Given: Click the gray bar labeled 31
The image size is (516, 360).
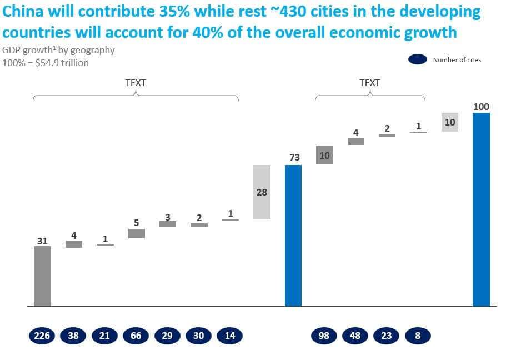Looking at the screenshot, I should coord(42,276).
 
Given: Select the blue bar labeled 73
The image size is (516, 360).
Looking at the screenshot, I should coord(293,235).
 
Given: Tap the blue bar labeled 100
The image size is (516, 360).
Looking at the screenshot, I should coord(481,209).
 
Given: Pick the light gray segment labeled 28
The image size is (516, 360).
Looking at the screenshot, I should coord(262,192).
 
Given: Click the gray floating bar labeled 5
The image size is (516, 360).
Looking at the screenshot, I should coord(137,233).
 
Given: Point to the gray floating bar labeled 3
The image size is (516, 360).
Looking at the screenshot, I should coord(168,223).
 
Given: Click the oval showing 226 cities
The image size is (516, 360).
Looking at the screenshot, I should coord(42,336).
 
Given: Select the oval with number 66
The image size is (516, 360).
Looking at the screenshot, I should coord(136,336).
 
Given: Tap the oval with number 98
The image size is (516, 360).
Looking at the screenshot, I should coord(324,336).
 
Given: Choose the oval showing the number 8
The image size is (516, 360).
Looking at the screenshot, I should coord(418,336).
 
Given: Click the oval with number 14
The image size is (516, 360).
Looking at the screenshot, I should coord(230,336).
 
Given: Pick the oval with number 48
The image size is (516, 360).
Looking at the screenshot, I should coord(355,336).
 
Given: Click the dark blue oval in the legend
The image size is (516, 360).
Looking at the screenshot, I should coord(417,59).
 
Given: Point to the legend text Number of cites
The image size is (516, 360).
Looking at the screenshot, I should coord(457,60).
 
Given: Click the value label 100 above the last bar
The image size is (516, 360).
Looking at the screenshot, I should coord(481,107).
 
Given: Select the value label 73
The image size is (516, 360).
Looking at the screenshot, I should coord(294,158).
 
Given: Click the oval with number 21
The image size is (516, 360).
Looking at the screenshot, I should coord(105,336).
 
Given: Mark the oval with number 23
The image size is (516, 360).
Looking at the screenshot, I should coord(387,336).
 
